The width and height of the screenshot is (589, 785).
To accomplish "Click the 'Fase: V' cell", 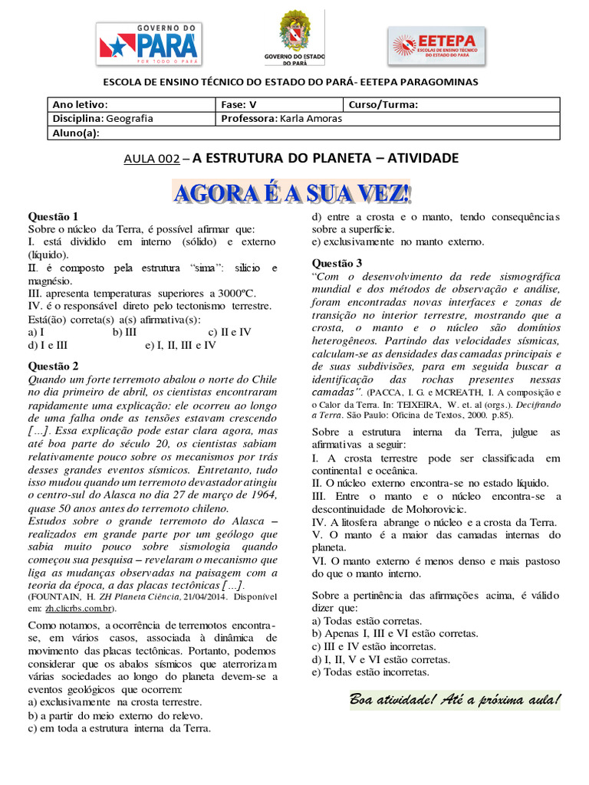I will (279, 105).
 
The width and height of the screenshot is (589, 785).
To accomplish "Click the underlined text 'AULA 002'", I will (151, 159).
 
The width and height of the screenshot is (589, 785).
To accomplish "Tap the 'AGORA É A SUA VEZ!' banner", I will (292, 193).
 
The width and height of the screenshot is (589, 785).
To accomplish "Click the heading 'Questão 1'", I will (53, 216).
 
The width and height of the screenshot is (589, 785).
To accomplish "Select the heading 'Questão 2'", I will (53, 366).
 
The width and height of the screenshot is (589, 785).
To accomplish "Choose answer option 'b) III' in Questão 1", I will (125, 332).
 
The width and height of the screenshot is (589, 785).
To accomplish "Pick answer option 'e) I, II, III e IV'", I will (181, 345).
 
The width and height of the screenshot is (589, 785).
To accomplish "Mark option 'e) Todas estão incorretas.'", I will (370, 672).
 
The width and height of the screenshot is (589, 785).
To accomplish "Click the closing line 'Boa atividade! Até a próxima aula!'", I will (454, 700).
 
